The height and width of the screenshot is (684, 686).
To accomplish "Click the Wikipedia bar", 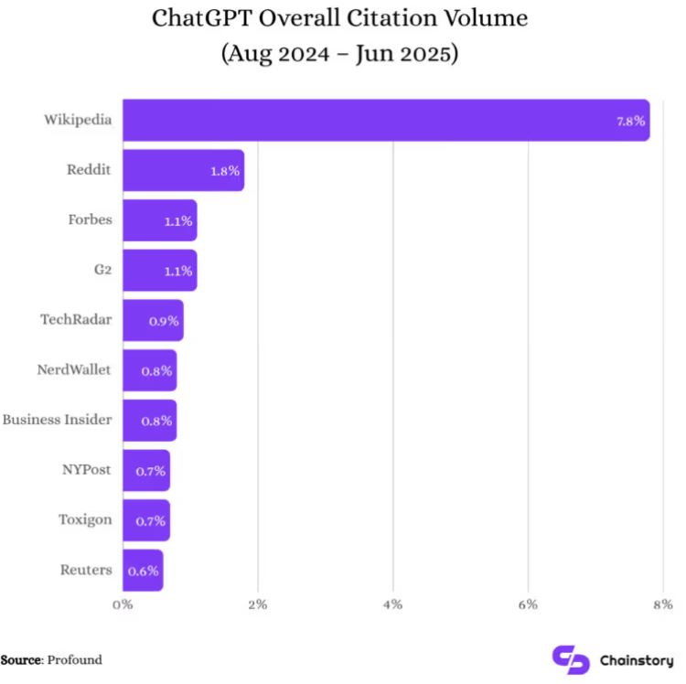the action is pyautogui.click(x=386, y=121).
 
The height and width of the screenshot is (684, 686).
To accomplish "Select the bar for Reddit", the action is pyautogui.click(x=184, y=170).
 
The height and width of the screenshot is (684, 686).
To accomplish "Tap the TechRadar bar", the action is pyautogui.click(x=153, y=320).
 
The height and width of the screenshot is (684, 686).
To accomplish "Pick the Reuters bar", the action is pyautogui.click(x=143, y=571).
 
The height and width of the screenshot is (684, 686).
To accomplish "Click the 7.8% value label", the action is pyautogui.click(x=631, y=121).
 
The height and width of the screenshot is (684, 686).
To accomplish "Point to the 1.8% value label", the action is pyautogui.click(x=225, y=171).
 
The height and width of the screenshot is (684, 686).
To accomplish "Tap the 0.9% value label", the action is pyautogui.click(x=164, y=322).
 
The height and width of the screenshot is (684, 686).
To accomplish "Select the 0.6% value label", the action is pyautogui.click(x=143, y=572).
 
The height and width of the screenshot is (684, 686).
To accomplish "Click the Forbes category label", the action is pyautogui.click(x=91, y=219).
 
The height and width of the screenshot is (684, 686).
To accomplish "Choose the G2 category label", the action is pyautogui.click(x=102, y=270).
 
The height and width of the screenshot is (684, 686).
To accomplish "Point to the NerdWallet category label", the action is pyautogui.click(x=74, y=369).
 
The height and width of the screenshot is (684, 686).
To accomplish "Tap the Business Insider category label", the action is pyautogui.click(x=57, y=420).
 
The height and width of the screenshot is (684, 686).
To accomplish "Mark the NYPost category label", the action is pyautogui.click(x=87, y=470).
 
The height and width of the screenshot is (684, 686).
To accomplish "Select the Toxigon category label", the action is pyautogui.click(x=85, y=520).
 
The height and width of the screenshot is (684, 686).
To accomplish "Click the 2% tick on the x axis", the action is pyautogui.click(x=258, y=604).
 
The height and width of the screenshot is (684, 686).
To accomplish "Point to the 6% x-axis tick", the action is pyautogui.click(x=528, y=604).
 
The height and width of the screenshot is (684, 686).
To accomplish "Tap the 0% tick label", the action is pyautogui.click(x=123, y=604).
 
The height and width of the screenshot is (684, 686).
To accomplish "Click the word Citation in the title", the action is pyautogui.click(x=391, y=18).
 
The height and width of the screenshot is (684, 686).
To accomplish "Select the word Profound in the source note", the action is pyautogui.click(x=74, y=659).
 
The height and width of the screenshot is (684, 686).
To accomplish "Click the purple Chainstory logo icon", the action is pyautogui.click(x=571, y=659).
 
